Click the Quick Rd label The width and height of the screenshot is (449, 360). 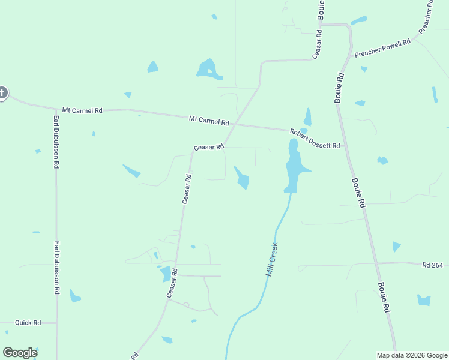(28, 323)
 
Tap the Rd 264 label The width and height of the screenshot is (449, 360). (432, 265)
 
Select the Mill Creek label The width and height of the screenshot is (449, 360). (272, 259)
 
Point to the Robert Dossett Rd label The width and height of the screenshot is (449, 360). (315, 139)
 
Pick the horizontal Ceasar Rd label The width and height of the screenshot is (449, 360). (208, 147)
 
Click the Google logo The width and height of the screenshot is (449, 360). (20, 353)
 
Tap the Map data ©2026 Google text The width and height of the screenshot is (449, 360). (412, 355)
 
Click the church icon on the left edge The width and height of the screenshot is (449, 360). (2, 92)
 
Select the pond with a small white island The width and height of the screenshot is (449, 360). (209, 70)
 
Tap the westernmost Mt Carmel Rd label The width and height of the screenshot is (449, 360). (82, 111)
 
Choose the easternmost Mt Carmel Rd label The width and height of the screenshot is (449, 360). (209, 121)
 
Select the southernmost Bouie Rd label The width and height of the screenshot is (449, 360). (384, 298)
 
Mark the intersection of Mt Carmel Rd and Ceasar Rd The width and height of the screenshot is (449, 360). (235, 124)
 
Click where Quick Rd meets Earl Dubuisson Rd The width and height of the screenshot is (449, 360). (57, 323)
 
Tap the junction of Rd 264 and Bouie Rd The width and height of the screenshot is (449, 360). (377, 263)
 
